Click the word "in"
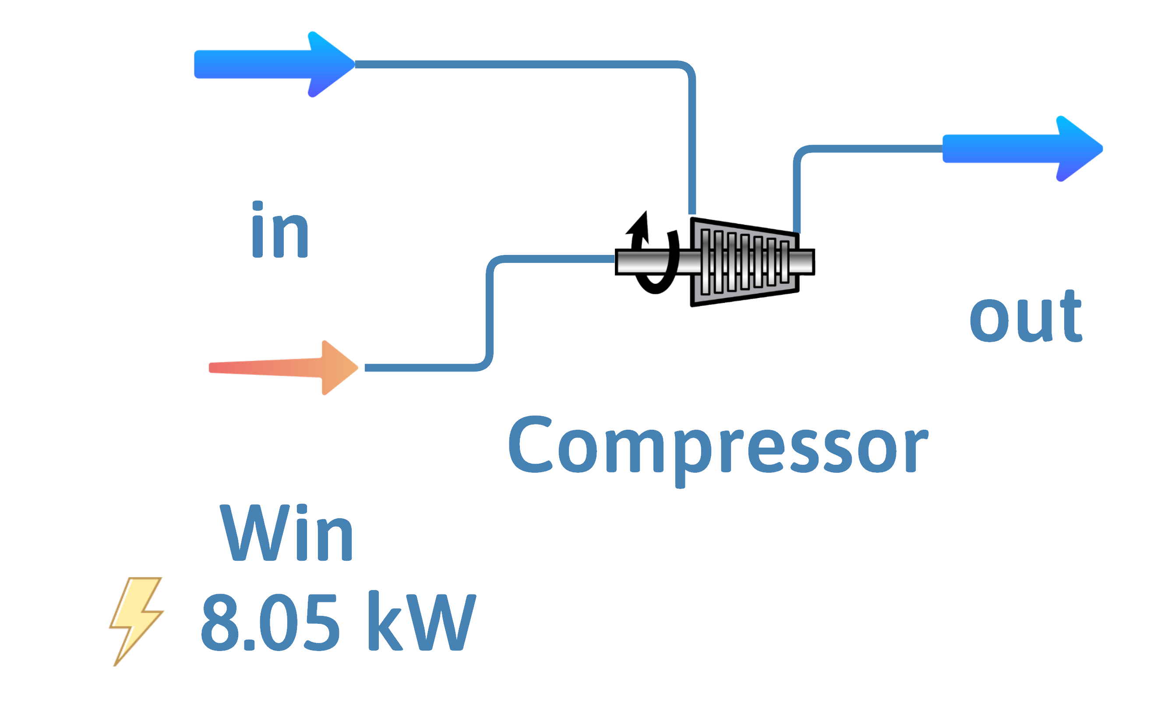coord(280,231)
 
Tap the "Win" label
coord(287,534)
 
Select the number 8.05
coord(270,622)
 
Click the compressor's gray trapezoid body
coord(745,285)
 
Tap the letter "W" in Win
coord(251,534)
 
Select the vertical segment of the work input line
coord(489,313)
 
